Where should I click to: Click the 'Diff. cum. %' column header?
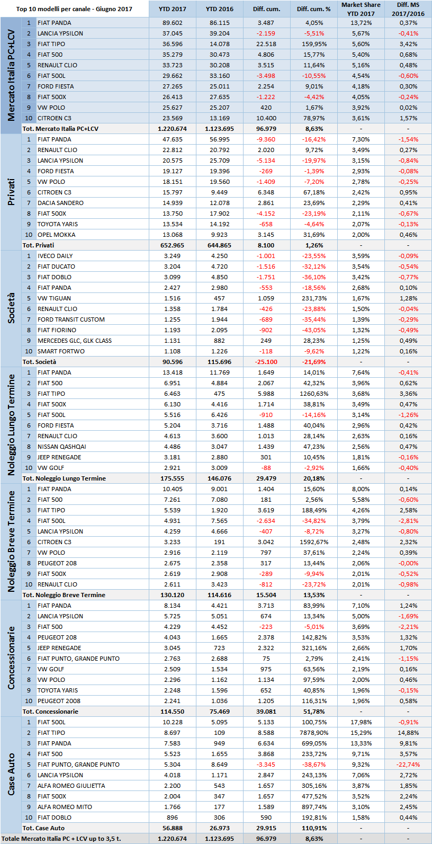pos(313,9)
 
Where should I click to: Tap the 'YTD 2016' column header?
pos(220,9)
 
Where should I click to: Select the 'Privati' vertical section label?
pos(11,192)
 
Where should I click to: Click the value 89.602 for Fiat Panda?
pos(173,23)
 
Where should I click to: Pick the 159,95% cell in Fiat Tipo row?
pos(314,44)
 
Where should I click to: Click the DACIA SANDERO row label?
pos(60,203)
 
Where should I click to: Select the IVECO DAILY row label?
pos(55,256)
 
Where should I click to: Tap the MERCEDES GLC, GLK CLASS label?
pos(75,341)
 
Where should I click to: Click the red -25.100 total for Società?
pos(266,362)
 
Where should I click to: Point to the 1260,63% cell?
pos(314,394)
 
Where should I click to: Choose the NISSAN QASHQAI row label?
pos(62,447)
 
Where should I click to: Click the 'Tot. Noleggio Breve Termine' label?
pos(64,595)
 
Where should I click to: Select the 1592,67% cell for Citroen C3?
pos(314,542)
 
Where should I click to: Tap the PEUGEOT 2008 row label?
pos(59,701)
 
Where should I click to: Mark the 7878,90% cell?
pos(314,733)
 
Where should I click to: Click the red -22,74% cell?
pos(408,765)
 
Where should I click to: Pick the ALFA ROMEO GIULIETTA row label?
pos(71,786)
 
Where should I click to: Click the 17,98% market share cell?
pos(361,722)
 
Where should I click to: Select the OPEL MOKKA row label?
pos(56,235)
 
